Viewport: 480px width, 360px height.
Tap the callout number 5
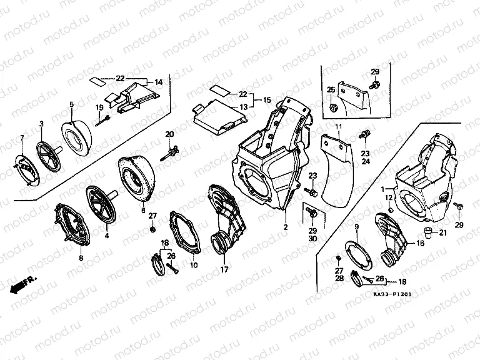pyautogui.click(x=72, y=104)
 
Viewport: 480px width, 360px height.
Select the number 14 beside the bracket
pyautogui.click(x=158, y=82)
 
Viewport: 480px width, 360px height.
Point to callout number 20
pyautogui.click(x=169, y=135)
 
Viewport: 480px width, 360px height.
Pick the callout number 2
pyautogui.click(x=285, y=227)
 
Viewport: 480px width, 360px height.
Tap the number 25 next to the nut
pyautogui.click(x=331, y=91)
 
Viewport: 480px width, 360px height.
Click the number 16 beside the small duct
pyautogui.click(x=420, y=244)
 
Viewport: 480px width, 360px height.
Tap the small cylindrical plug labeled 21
pyautogui.click(x=428, y=234)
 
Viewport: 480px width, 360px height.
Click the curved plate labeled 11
pyautogui.click(x=338, y=169)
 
